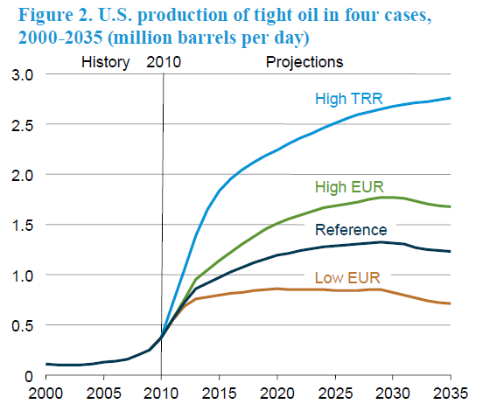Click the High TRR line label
point(349,99)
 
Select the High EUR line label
point(349,187)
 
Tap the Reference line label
point(351,230)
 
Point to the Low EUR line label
point(347,277)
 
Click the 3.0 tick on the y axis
point(22,75)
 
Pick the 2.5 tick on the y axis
point(22,125)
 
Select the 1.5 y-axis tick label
point(22,226)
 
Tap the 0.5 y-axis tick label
point(22,326)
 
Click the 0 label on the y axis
point(29,376)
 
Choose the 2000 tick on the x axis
point(45,393)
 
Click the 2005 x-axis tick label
point(104,393)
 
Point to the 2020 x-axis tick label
point(277,393)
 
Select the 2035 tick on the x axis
point(451,393)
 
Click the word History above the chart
point(105,62)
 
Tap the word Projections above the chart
point(304,62)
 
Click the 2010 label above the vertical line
point(164,62)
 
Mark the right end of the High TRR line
point(450,98)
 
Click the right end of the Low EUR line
point(450,303)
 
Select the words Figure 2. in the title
point(55,15)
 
